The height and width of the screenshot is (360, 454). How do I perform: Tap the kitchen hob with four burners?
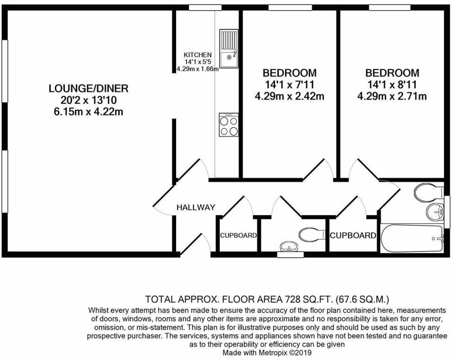pyautogui.click(x=229, y=125)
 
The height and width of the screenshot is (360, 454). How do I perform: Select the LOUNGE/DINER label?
pyautogui.click(x=89, y=89)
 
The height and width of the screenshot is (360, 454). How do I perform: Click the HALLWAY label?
pyautogui.click(x=196, y=207)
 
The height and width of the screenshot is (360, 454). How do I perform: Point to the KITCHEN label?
pyautogui.click(x=197, y=55)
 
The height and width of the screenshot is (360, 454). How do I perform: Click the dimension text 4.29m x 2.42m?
pyautogui.click(x=290, y=97)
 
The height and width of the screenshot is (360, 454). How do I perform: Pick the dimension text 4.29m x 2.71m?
pyautogui.click(x=392, y=97)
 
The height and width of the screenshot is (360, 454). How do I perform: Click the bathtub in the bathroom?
pyautogui.click(x=412, y=238)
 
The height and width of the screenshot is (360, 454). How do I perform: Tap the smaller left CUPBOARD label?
pyautogui.click(x=238, y=235)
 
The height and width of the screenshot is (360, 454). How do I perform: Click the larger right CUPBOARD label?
pyautogui.click(x=353, y=235)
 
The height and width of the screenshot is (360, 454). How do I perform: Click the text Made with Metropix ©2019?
pyautogui.click(x=267, y=352)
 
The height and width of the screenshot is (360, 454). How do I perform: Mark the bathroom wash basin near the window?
pyautogui.click(x=435, y=211)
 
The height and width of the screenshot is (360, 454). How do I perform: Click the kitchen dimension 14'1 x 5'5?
pyautogui.click(x=197, y=62)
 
